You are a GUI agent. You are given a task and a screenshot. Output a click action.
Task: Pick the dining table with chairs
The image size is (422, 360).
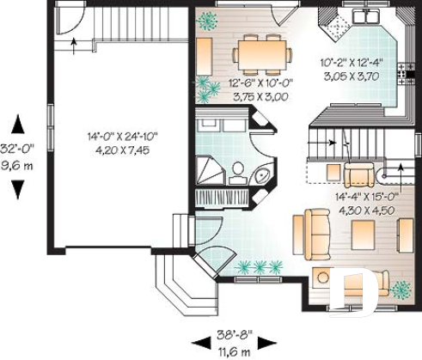(259, 54)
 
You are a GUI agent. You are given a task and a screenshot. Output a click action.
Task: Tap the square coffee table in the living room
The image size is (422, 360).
(361, 232)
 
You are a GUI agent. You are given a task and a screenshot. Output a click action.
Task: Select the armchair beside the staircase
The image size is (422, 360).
(357, 175)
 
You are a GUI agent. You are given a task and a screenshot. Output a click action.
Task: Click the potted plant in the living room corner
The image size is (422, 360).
(400, 290)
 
